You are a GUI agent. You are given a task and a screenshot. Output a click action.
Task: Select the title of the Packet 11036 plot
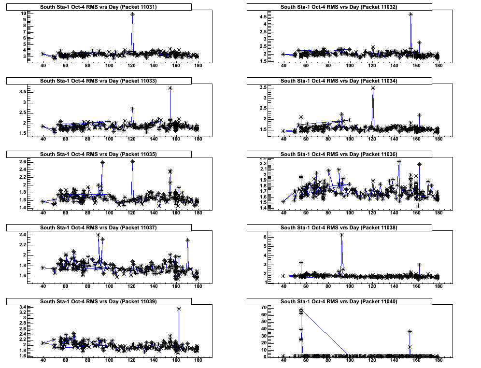click(339, 154)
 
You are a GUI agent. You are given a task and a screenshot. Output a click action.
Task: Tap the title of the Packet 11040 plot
click(339, 301)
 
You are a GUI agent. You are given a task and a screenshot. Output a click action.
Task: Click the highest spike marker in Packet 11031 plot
click(132, 14)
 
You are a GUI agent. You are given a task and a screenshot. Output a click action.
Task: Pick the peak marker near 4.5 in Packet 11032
click(410, 14)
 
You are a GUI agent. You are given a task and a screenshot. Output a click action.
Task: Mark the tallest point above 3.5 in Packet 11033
click(170, 88)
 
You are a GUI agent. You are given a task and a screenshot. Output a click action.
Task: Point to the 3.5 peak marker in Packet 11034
click(373, 88)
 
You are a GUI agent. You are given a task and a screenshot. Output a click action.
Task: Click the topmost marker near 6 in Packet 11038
click(341, 235)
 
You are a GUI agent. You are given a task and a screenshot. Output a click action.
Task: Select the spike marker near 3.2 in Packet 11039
click(179, 309)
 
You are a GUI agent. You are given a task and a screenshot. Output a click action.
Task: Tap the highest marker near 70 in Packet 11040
click(301, 310)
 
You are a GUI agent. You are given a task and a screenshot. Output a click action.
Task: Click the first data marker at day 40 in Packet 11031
click(43, 54)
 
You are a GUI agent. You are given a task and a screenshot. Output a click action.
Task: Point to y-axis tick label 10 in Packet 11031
click(23, 14)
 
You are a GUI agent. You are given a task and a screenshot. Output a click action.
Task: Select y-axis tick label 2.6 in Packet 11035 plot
click(22, 162)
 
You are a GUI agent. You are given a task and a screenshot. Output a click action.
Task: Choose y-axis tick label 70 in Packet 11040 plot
click(264, 307)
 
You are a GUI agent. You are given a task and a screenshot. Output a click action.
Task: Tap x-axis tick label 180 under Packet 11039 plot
click(198, 364)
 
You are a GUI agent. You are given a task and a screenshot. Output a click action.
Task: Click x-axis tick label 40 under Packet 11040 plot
click(283, 364)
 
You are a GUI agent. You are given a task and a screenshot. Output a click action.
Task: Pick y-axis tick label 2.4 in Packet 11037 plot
click(22, 235)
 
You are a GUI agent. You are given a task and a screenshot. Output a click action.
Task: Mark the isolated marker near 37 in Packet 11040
click(410, 331)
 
